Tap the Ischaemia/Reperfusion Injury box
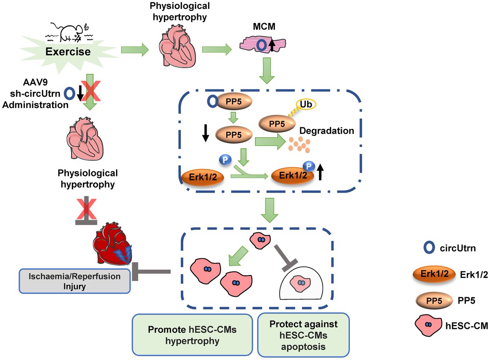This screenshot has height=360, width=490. pos(74,280)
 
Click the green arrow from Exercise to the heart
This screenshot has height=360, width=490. pos(135,51)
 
